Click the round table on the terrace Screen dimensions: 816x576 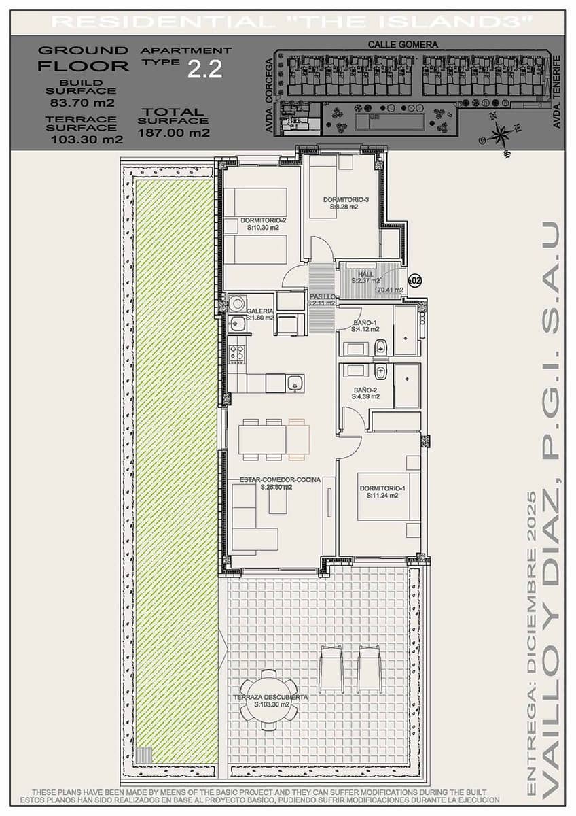(x=270, y=700)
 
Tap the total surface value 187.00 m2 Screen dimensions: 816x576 (x=174, y=133)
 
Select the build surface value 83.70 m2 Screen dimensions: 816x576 (x=82, y=103)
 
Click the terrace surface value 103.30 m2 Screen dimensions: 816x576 (x=86, y=140)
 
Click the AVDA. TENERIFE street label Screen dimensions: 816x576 (x=556, y=92)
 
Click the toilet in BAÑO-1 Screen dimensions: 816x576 (x=380, y=347)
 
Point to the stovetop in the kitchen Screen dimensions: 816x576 (x=236, y=353)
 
